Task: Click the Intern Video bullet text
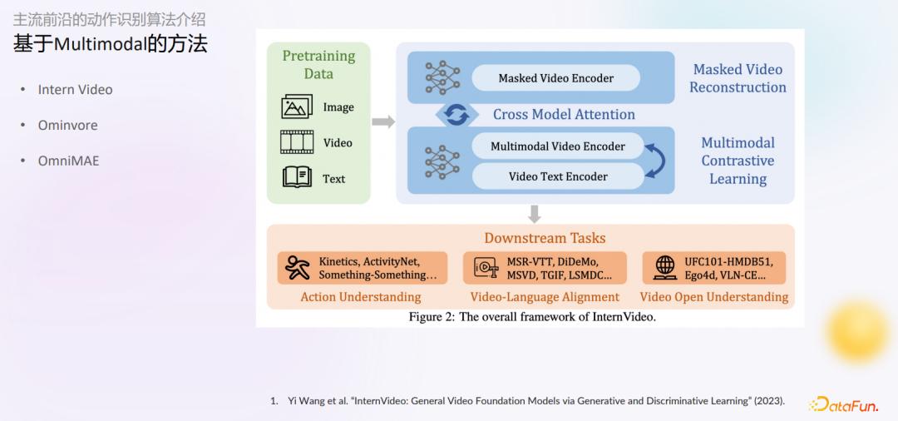point(75,90)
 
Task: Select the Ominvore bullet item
point(67,126)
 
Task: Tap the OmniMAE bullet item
point(68,161)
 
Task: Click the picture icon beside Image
point(297,106)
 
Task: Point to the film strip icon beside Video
point(297,142)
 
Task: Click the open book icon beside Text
point(297,177)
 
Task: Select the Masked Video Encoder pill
point(555,78)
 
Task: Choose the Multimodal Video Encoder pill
point(557,146)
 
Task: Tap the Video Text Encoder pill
point(557,176)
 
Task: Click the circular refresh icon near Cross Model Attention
point(456,115)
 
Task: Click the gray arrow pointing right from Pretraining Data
point(382,122)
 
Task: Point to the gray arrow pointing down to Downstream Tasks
point(535,214)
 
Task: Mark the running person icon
point(297,267)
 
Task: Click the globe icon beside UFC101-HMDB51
point(665,267)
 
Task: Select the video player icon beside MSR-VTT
point(486,267)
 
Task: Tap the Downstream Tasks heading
point(545,238)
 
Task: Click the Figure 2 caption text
point(532,317)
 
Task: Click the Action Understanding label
point(361,297)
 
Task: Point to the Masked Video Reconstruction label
point(738,78)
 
